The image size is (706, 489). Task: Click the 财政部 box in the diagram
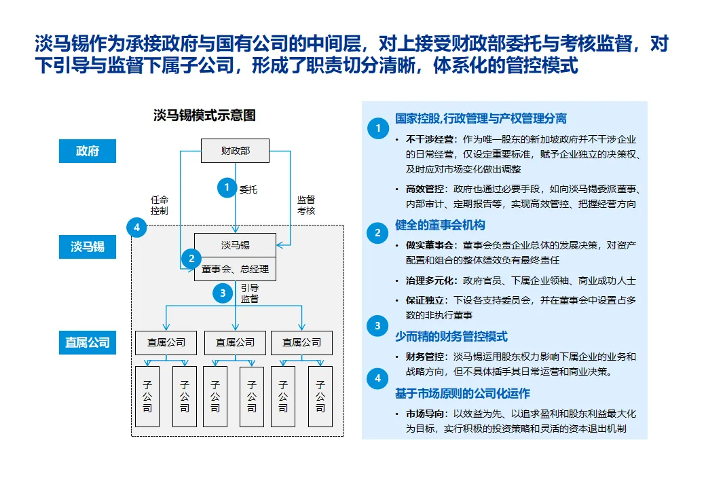pyautogui.click(x=235, y=151)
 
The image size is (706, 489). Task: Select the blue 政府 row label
pyautogui.click(x=87, y=151)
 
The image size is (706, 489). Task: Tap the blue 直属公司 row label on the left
pyautogui.click(x=87, y=342)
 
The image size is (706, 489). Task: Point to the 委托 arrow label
pyautogui.click(x=248, y=189)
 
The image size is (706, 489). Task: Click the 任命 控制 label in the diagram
pyautogui.click(x=160, y=205)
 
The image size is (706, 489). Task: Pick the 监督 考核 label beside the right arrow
pyautogui.click(x=306, y=205)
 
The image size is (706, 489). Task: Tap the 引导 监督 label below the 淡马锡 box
pyautogui.click(x=249, y=293)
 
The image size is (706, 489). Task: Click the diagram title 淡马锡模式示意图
pyautogui.click(x=204, y=115)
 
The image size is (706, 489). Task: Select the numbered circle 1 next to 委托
pyautogui.click(x=226, y=188)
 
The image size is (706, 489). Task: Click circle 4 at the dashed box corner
pyautogui.click(x=137, y=228)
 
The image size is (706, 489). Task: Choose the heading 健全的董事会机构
pyautogui.click(x=440, y=225)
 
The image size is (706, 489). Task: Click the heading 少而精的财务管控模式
pyautogui.click(x=451, y=337)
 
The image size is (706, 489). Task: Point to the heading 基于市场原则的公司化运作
pyautogui.click(x=462, y=394)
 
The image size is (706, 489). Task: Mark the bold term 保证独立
pyautogui.click(x=422, y=300)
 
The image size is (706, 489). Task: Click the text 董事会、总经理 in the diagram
pyautogui.click(x=236, y=269)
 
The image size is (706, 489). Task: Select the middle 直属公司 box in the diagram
pyautogui.click(x=235, y=343)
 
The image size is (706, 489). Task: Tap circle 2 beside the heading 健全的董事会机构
pyautogui.click(x=377, y=234)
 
